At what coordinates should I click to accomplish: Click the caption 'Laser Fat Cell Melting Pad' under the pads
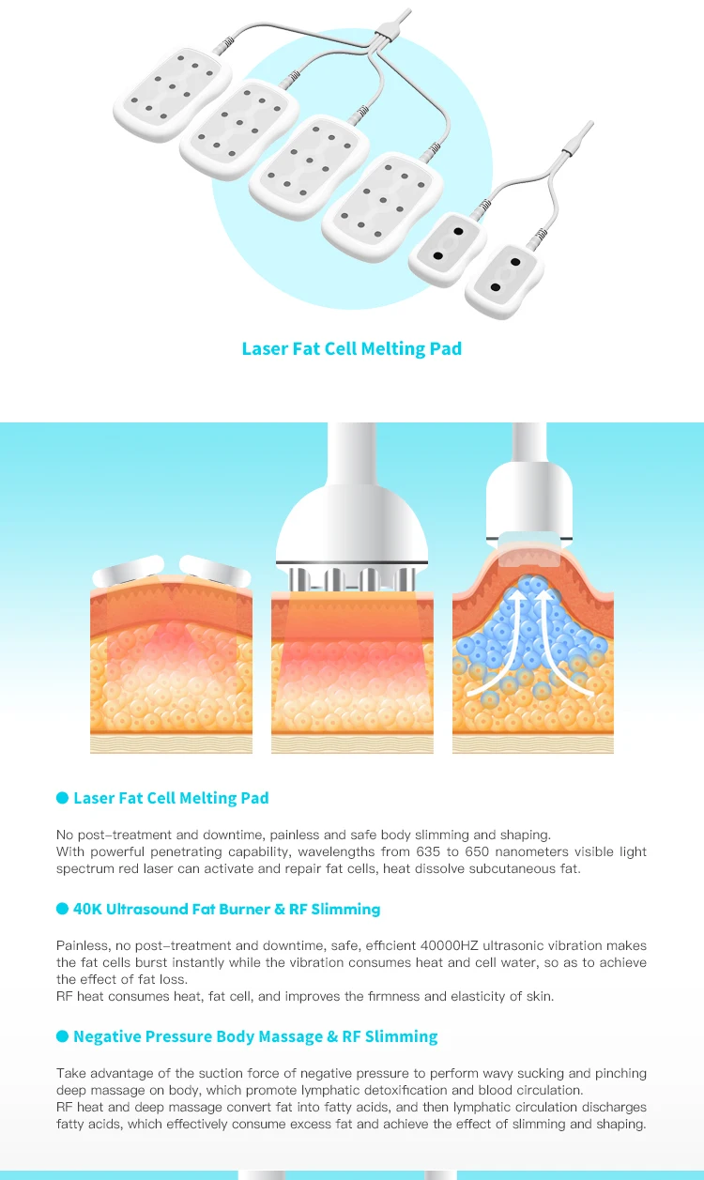351,348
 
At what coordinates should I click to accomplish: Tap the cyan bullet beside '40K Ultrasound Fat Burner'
63,909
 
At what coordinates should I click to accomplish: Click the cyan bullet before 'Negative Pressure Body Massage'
63,1036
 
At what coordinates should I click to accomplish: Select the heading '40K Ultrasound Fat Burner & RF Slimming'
226,909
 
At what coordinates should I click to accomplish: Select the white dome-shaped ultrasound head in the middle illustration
352,526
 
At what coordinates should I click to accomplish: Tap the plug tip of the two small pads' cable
587,129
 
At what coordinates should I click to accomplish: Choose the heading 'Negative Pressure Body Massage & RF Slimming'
255,1036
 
